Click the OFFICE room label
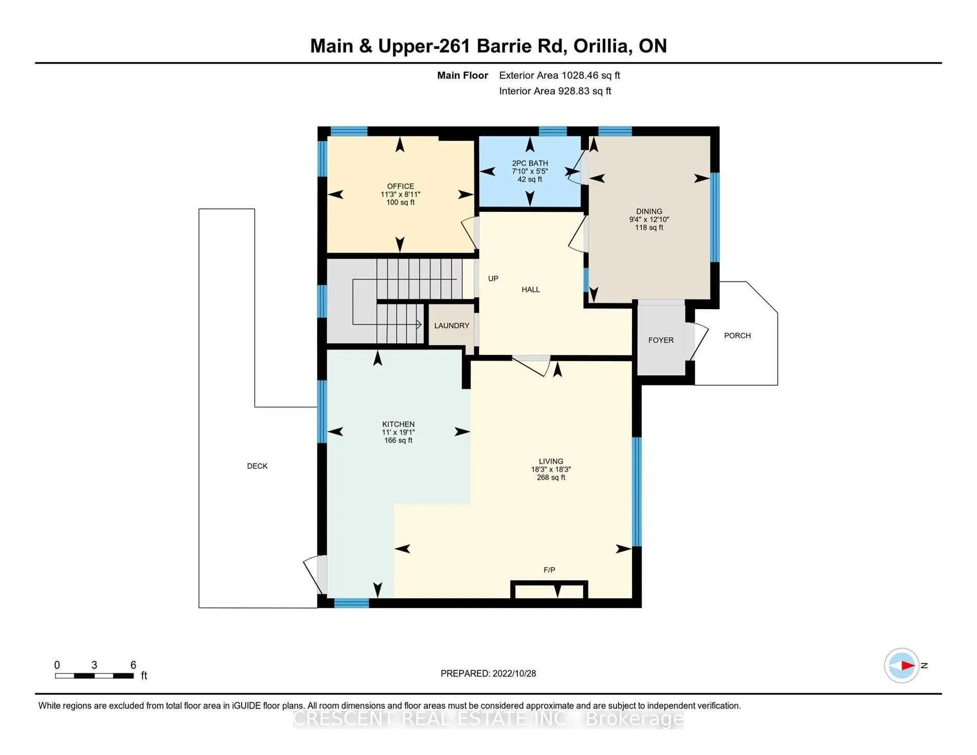point(401,186)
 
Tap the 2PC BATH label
point(530,163)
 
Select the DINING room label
point(649,211)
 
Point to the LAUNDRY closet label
point(451,326)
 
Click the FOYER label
point(661,340)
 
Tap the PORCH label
point(737,335)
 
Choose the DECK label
point(257,466)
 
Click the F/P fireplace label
point(549,570)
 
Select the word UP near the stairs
point(493,278)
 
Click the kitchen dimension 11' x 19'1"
point(398,433)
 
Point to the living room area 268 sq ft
point(551,477)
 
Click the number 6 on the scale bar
point(133,665)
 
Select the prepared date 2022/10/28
point(514,673)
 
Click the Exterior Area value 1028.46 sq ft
point(590,75)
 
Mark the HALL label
point(531,290)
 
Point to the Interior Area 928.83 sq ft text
point(555,91)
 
